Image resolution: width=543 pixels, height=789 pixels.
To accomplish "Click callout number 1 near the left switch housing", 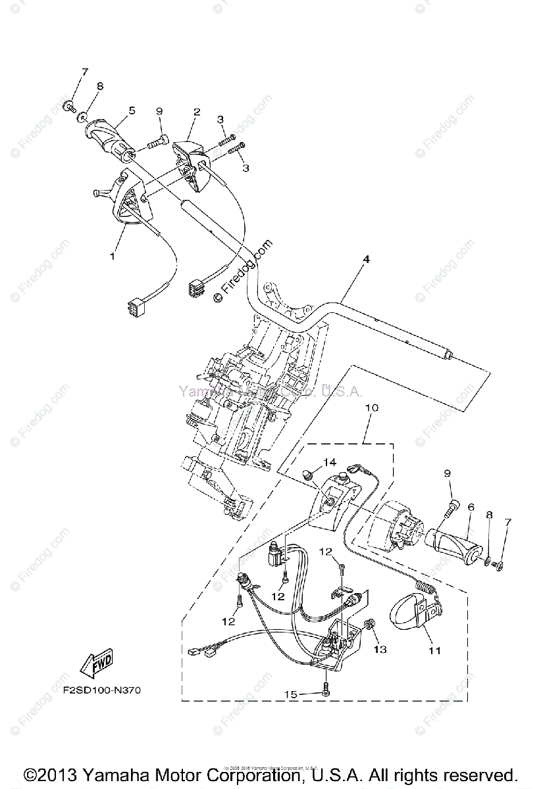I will [112, 256].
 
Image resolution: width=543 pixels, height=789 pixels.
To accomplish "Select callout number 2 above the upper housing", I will [197, 112].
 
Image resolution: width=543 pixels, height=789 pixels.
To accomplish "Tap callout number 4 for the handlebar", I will [366, 260].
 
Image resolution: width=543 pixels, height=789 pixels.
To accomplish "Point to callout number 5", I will [132, 111].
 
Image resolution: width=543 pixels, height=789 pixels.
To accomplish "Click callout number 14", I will [329, 463].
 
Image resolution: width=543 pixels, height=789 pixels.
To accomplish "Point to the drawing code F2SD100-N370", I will [102, 691].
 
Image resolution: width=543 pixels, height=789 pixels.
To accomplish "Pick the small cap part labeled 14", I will [306, 474].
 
